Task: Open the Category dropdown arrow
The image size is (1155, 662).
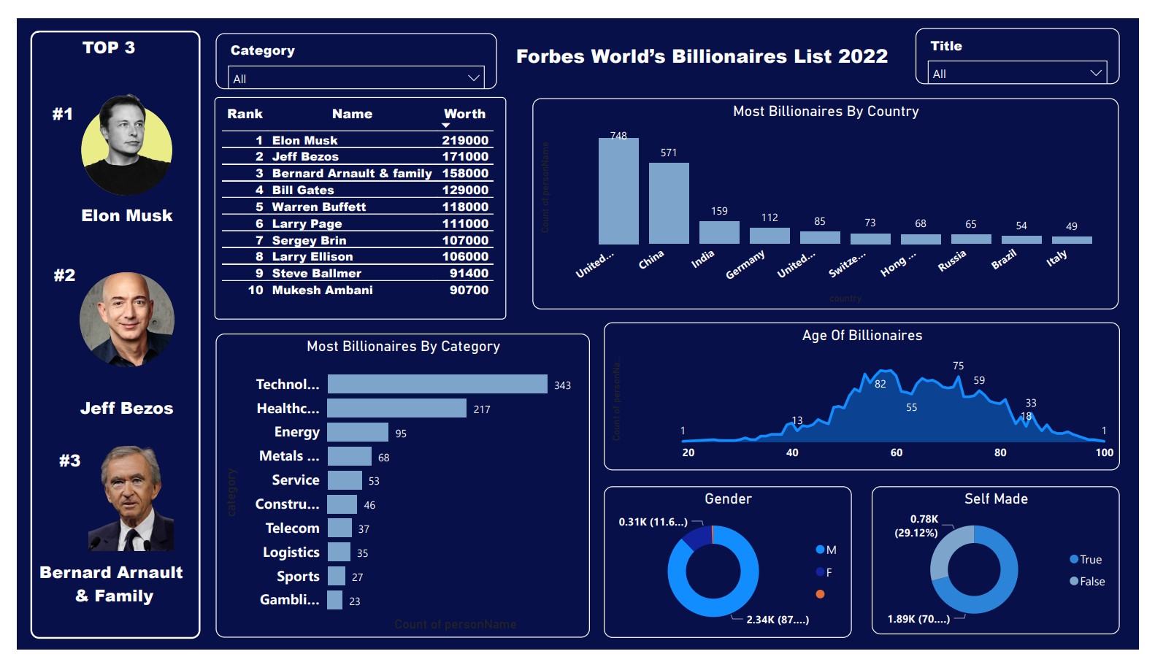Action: click(x=474, y=77)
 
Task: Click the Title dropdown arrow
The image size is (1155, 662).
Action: click(x=1095, y=73)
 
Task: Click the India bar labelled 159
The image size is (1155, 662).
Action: click(x=719, y=232)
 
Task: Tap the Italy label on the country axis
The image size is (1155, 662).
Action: click(x=1056, y=258)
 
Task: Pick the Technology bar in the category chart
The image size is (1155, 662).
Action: click(x=437, y=384)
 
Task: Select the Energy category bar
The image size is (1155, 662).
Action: click(x=358, y=432)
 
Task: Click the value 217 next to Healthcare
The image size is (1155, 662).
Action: click(x=482, y=409)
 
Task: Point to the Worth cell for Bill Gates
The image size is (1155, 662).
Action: click(x=465, y=190)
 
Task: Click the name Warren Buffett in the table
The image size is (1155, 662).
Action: click(x=318, y=207)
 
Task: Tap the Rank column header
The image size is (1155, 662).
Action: click(x=245, y=114)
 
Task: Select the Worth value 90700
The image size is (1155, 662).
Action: click(x=469, y=290)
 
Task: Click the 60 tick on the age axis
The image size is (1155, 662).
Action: click(x=897, y=453)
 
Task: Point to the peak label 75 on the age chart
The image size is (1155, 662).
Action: click(x=958, y=366)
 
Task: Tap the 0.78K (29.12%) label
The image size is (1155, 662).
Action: click(x=917, y=526)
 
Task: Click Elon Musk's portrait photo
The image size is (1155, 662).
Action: click(x=127, y=146)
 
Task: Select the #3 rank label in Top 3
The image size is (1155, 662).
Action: click(x=70, y=461)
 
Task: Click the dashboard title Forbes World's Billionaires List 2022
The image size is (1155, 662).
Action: click(x=702, y=56)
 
